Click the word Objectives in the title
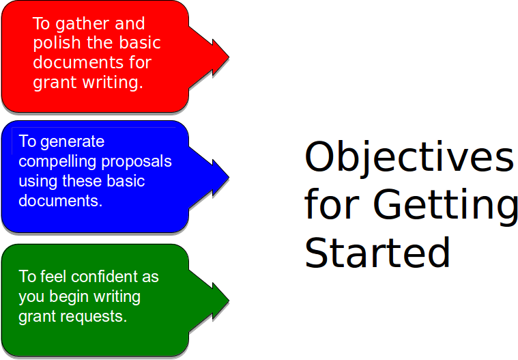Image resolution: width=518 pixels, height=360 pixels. coord(408,157)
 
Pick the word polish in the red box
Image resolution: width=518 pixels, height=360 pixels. coord(54,43)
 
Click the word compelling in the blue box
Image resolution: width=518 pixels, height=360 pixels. coord(57,162)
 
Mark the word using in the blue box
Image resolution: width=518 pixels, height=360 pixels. coord(38,182)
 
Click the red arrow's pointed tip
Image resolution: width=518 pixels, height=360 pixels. coord(228,57)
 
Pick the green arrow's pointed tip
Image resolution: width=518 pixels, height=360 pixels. coord(228,301)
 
